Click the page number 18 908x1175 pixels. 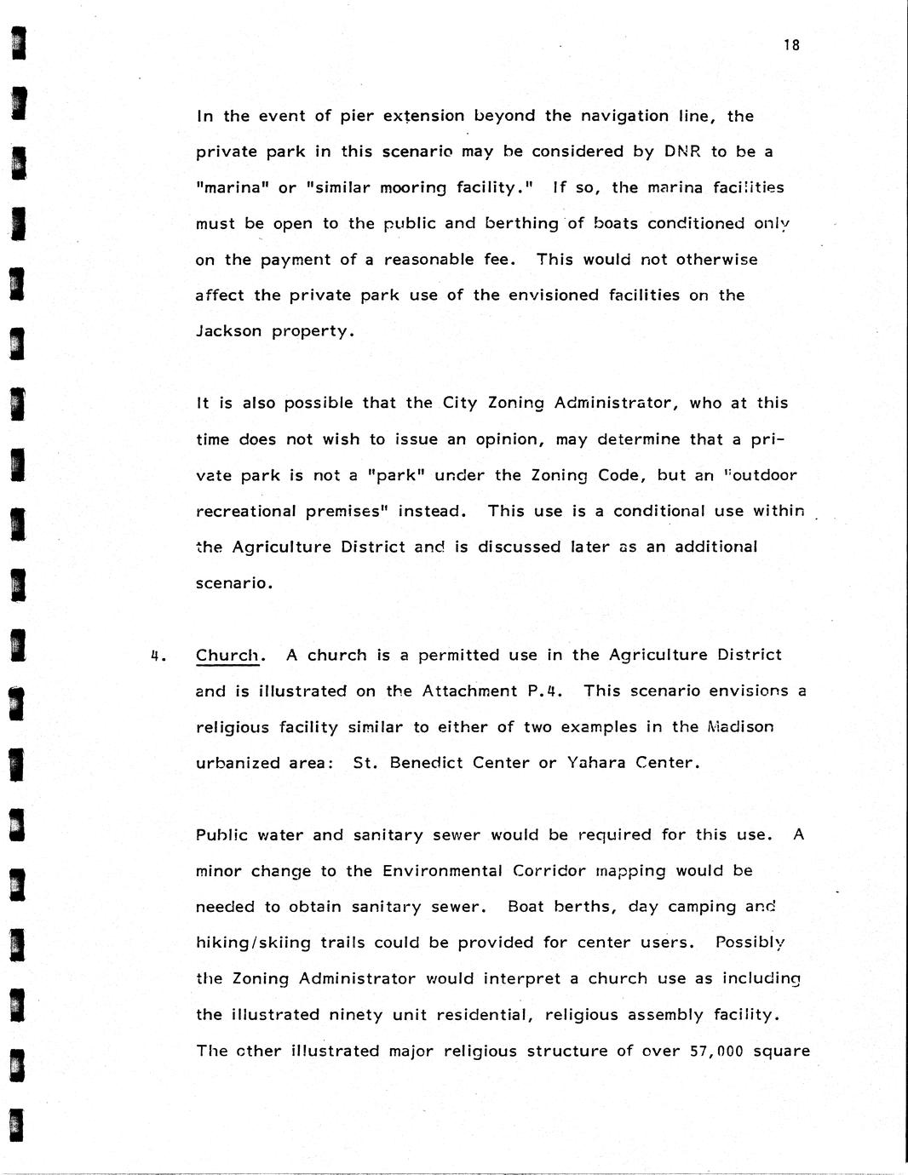(x=792, y=46)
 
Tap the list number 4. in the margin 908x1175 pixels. (x=157, y=656)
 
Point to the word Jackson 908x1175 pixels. (x=228, y=331)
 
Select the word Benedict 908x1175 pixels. (x=426, y=763)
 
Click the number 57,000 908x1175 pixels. (x=715, y=1051)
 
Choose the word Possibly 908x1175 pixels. (x=750, y=943)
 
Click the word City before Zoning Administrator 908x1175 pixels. (x=460, y=403)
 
